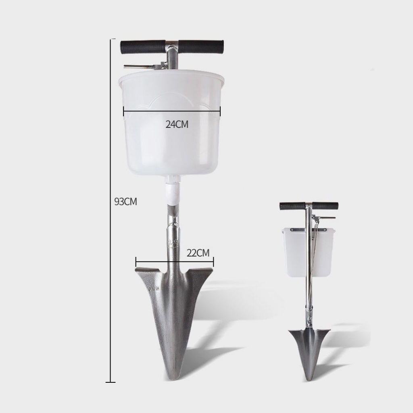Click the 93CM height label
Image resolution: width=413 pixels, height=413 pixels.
(126, 202)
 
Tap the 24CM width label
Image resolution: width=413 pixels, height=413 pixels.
(177, 124)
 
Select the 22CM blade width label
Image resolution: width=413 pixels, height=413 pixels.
(198, 253)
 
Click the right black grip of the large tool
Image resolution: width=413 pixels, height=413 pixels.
(201, 47)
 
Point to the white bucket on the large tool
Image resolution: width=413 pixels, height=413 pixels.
(171, 123)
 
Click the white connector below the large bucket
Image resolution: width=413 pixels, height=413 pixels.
(173, 190)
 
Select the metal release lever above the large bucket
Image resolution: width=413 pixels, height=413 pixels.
(145, 67)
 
